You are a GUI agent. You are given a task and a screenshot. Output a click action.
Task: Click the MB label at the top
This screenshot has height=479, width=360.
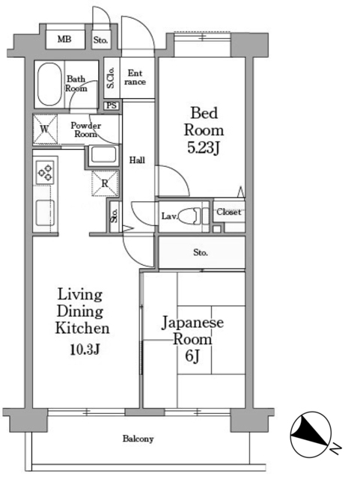coord(64,39)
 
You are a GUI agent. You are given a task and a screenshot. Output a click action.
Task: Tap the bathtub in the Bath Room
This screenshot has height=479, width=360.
coord(49,85)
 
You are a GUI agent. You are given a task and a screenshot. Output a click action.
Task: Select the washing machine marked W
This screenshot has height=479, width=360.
coord(45,129)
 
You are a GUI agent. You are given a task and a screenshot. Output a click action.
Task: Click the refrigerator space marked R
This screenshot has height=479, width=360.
coord(105,183)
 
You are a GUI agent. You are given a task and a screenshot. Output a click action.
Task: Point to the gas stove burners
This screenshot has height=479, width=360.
coord(45,173)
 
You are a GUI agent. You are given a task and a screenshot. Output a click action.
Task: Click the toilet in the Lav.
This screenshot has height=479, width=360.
coord(189,216)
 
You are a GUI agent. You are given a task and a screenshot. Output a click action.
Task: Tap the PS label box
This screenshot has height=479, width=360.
coord(112,106)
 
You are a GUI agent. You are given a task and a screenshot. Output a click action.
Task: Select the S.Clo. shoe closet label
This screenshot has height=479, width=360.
coord(111,78)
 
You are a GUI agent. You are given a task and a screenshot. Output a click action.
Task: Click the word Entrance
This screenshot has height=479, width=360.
coord(135,77)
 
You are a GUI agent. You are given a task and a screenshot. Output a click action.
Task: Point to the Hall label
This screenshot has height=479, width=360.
coord(137,159)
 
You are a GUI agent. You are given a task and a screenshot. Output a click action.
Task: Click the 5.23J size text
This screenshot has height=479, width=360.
coord(204,149)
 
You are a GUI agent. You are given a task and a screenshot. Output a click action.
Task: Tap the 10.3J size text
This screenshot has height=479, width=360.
coord(85,350)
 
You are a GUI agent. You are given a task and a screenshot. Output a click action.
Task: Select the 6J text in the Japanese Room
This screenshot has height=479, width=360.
coord(192,356)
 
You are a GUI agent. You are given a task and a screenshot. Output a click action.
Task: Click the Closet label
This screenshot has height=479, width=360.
coord(229,212)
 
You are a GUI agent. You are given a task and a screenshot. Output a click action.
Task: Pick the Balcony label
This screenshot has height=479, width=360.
coord(138,439)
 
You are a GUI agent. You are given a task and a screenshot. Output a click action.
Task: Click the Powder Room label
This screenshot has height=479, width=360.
coord(85,129)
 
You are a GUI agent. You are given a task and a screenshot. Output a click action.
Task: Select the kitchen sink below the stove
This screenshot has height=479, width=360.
coord(45,213)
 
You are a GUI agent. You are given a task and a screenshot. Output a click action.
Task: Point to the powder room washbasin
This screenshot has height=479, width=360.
coord(104,155)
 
